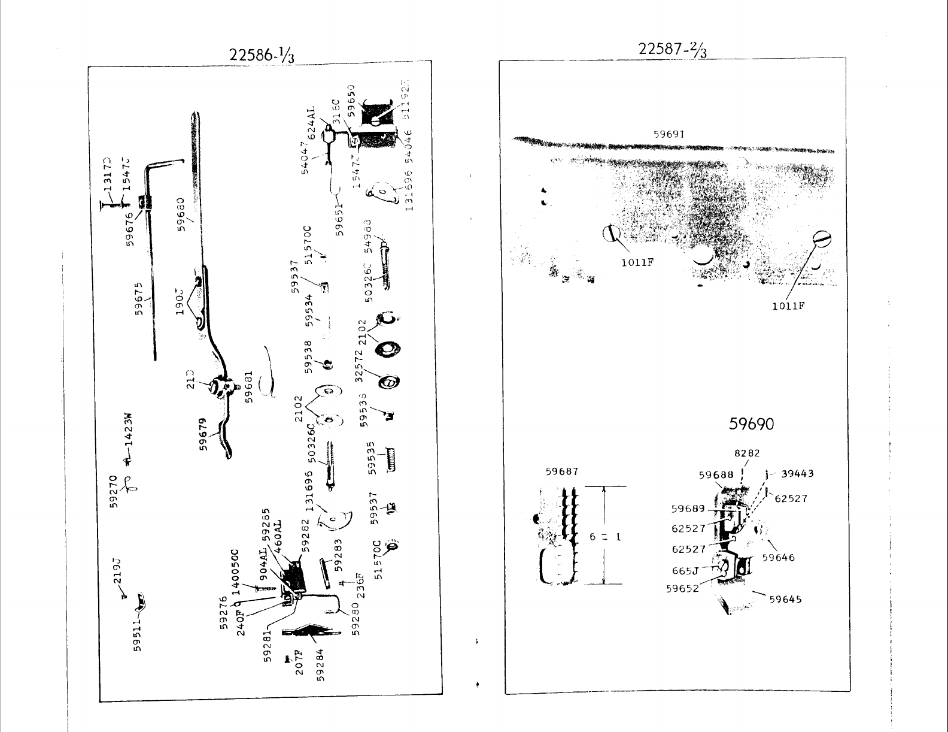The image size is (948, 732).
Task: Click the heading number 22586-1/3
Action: click(262, 55)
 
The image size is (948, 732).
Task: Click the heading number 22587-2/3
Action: click(673, 49)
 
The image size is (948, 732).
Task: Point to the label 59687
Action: click(562, 471)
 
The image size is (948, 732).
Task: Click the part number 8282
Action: click(747, 453)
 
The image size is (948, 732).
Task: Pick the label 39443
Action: click(797, 474)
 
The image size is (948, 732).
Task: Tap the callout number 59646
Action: click(778, 558)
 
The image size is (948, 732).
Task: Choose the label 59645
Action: click(785, 599)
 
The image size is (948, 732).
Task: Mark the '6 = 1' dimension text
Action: click(605, 537)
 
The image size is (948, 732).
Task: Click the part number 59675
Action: click(140, 298)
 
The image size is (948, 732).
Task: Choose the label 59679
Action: click(204, 434)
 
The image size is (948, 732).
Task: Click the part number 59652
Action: click(682, 588)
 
